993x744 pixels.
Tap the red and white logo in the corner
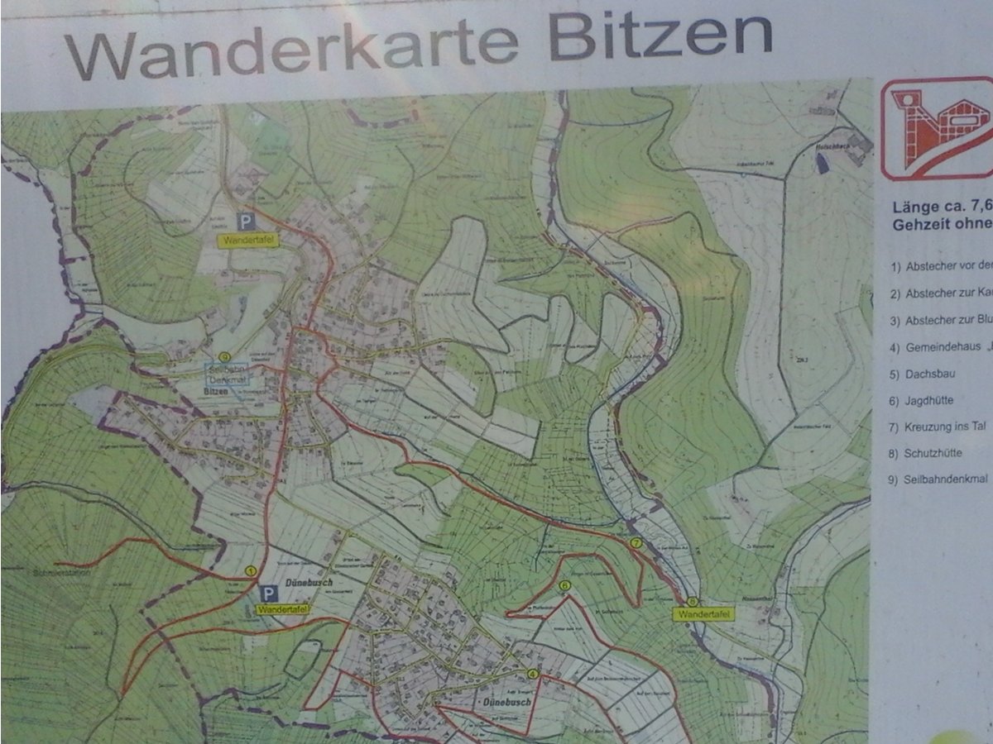(936, 128)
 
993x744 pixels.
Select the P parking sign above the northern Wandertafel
(246, 221)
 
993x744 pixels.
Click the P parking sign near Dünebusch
(267, 594)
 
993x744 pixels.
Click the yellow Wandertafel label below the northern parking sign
(247, 241)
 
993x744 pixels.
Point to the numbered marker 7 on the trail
(636, 543)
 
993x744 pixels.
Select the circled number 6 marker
(564, 587)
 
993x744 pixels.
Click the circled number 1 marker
(250, 571)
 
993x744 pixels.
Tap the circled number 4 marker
(532, 674)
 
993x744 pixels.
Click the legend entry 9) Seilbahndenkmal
(936, 479)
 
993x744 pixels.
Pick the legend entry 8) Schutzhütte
(925, 453)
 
